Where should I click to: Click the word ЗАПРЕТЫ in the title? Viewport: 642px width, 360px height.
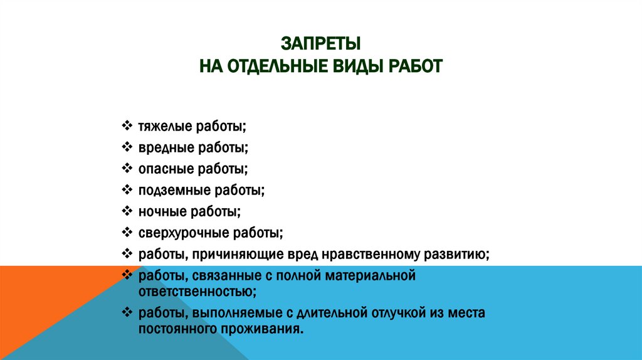pyautogui.click(x=320, y=44)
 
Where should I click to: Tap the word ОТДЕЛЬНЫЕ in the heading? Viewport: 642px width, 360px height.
pyautogui.click(x=273, y=65)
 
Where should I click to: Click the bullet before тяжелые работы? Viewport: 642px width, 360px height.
pyautogui.click(x=126, y=126)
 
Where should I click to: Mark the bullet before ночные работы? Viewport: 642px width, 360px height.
pyautogui.click(x=126, y=211)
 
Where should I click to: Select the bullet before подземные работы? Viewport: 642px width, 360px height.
pyautogui.click(x=126, y=190)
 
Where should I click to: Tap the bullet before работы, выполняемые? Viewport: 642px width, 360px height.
pyautogui.click(x=126, y=312)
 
